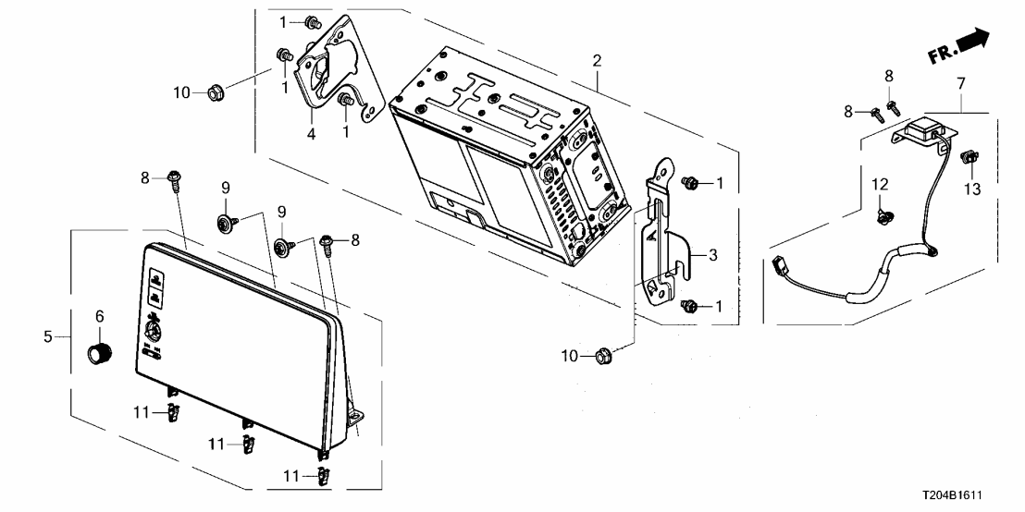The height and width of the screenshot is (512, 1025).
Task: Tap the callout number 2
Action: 597,61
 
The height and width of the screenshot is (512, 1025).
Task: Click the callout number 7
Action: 961,83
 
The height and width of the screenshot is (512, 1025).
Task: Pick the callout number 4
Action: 312,134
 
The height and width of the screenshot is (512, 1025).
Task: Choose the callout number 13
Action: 970,189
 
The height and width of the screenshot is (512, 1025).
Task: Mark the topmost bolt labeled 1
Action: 313,21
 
